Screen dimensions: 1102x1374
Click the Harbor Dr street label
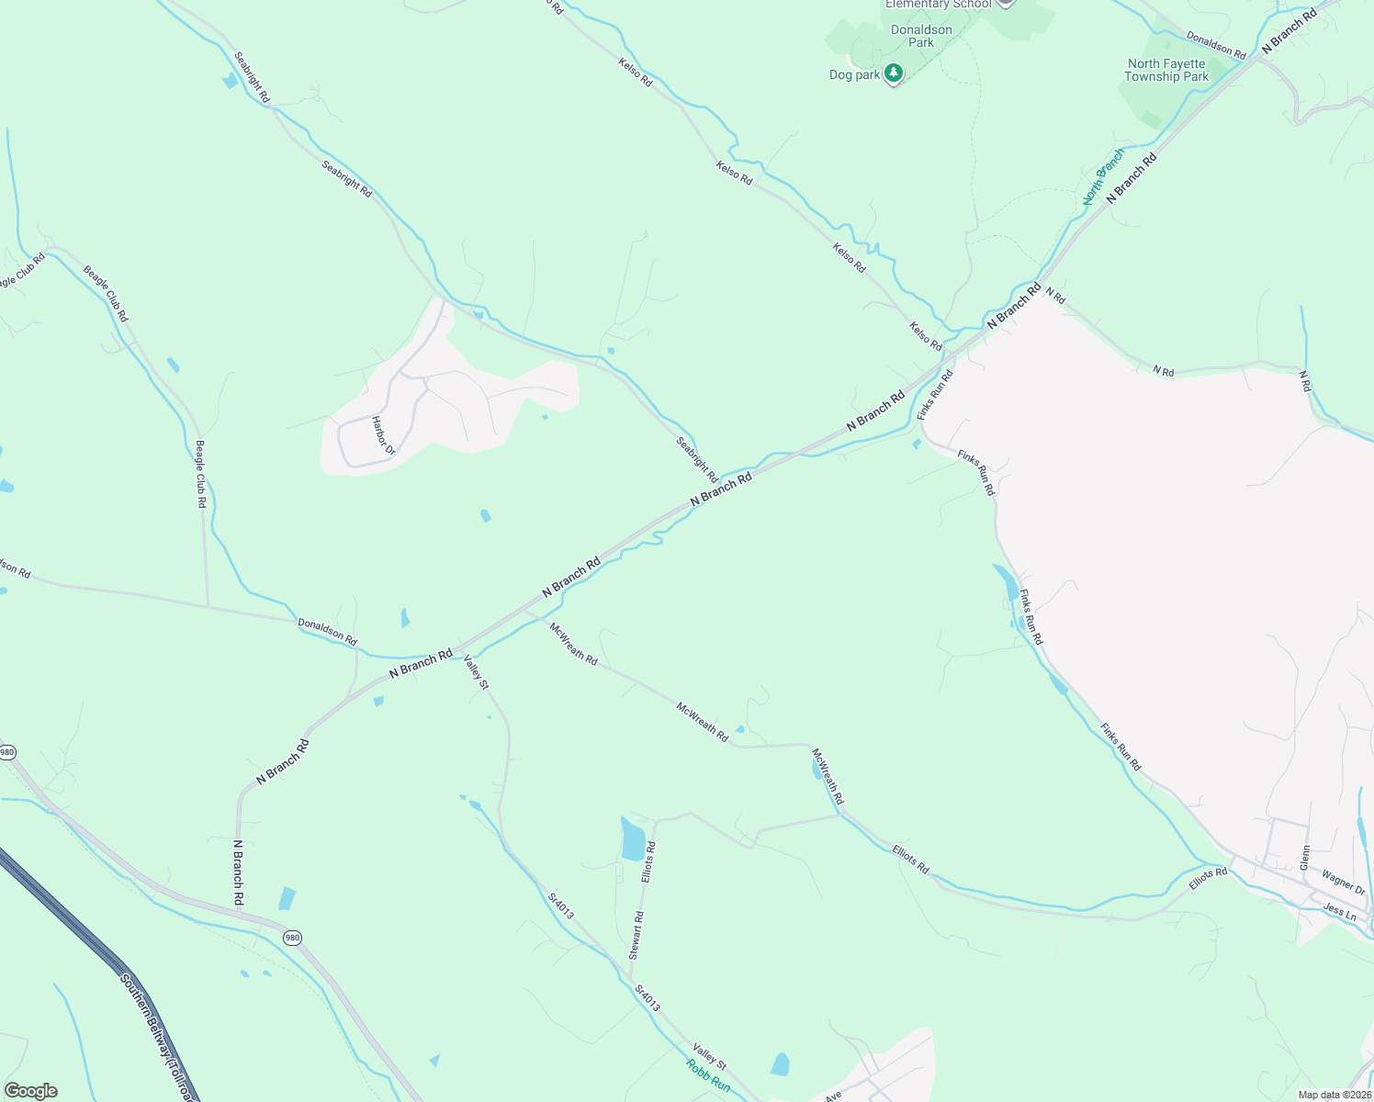coord(383,436)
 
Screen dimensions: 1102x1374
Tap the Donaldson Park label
coord(921,36)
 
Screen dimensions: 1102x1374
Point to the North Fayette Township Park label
coord(1166,70)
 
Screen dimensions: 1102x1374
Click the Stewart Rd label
coord(636,936)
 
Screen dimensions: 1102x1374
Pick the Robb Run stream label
coord(708,1075)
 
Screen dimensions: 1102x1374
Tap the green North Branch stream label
coord(1103,176)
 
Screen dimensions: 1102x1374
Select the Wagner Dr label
coord(1343,883)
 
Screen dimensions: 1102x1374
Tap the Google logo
coord(30,1091)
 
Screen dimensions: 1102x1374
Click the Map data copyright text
coord(1334,1095)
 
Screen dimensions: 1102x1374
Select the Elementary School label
coord(938,4)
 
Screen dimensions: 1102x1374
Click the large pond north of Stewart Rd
coord(633,839)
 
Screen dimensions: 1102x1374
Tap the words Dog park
coord(854,75)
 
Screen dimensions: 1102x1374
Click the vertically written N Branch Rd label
coord(238,872)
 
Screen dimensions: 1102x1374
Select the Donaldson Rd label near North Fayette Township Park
coord(1215,46)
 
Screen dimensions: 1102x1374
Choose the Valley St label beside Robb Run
coord(709,1057)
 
